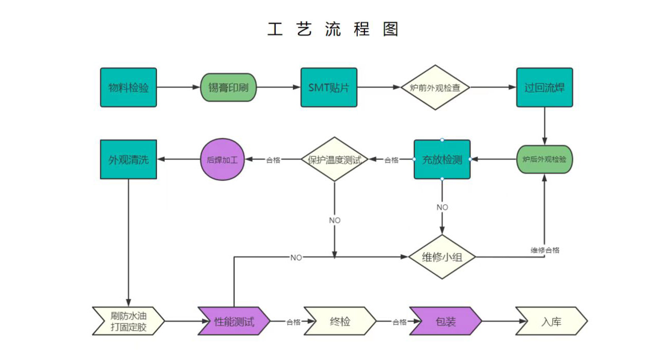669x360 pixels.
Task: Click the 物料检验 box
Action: tap(128, 87)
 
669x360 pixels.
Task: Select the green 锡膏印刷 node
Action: tap(228, 87)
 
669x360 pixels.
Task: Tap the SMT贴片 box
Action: tap(329, 87)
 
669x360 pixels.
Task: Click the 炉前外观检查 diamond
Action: tap(435, 87)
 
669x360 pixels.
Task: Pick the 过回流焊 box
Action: tap(544, 87)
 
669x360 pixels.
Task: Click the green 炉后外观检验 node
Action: tap(544, 159)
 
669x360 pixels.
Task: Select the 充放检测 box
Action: tap(442, 159)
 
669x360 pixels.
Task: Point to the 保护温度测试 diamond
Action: tap(334, 159)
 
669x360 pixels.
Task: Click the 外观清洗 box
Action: tap(128, 159)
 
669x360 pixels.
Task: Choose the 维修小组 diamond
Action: tap(442, 257)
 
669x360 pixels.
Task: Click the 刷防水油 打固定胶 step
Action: tap(128, 321)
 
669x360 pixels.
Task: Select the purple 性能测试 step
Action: tap(234, 322)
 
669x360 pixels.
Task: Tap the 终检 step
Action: tap(340, 322)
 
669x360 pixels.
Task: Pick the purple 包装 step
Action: tap(446, 322)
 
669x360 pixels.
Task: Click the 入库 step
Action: tap(551, 322)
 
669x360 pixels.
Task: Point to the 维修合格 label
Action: tap(545, 250)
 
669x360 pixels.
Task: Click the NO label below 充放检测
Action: tap(442, 207)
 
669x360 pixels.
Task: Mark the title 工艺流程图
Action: tap(333, 29)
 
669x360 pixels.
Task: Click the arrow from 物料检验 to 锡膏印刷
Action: tap(178, 87)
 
